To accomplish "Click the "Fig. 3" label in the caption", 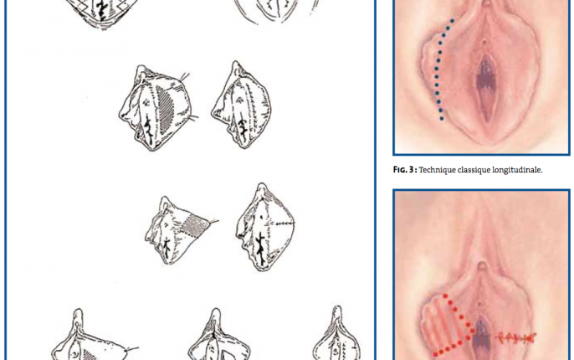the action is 405,170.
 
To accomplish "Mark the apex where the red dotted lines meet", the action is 472,331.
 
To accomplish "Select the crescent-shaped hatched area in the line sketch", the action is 165,110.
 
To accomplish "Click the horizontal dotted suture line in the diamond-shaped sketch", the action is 280,223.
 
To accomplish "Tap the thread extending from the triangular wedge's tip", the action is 214,221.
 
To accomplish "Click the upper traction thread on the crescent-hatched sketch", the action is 185,77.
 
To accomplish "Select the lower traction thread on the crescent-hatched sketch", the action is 193,117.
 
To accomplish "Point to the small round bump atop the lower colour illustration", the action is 483,265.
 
